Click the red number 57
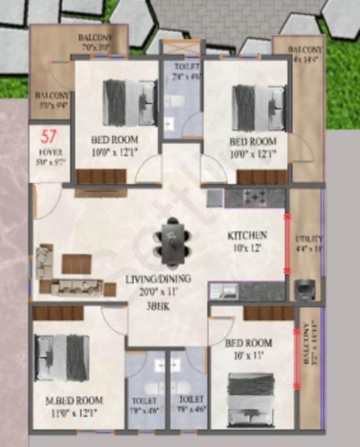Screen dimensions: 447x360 [49, 136]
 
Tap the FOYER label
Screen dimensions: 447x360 [50, 152]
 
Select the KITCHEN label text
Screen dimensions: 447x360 [247, 236]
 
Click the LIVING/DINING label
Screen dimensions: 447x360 [158, 279]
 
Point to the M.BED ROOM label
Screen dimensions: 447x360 [74, 401]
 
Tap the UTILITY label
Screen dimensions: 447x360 [308, 239]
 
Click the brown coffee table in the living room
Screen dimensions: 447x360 [77, 264]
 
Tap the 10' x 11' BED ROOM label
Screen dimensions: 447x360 [248, 343]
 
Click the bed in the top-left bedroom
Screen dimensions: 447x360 [130, 103]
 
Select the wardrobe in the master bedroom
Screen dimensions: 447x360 [58, 313]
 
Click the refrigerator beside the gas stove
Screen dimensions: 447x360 [214, 198]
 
